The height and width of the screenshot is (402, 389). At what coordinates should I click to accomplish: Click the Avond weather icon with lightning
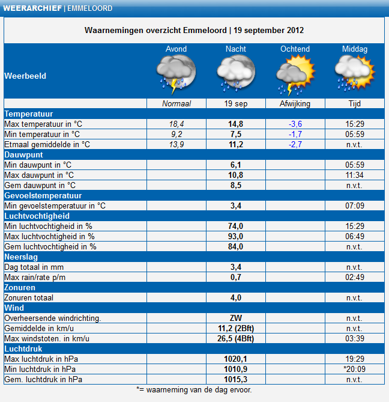pyautogui.click(x=176, y=74)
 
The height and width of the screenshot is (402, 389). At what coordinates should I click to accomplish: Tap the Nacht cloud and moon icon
pyautogui.click(x=236, y=73)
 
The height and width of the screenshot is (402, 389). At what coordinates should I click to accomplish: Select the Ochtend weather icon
pyautogui.click(x=295, y=75)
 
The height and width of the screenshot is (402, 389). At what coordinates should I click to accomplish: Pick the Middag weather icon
pyautogui.click(x=355, y=73)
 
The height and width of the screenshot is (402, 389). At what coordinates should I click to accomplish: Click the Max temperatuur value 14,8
pyautogui.click(x=235, y=124)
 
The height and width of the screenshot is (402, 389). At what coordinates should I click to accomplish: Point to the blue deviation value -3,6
pyautogui.click(x=295, y=124)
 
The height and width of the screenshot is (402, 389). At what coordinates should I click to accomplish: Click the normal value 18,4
pyautogui.click(x=176, y=124)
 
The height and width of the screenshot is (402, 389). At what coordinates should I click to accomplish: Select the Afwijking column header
pyautogui.click(x=295, y=103)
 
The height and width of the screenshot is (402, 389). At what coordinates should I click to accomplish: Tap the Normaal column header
pyautogui.click(x=176, y=103)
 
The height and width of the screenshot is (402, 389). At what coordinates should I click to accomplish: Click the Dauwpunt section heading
pyautogui.click(x=23, y=155)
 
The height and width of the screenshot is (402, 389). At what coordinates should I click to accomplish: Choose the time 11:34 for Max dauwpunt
pyautogui.click(x=355, y=175)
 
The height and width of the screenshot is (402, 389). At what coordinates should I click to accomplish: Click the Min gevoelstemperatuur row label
pyautogui.click(x=55, y=206)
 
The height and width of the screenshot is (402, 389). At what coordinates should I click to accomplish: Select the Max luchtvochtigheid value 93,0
pyautogui.click(x=235, y=236)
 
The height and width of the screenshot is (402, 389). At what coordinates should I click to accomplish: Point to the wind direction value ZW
pyautogui.click(x=235, y=318)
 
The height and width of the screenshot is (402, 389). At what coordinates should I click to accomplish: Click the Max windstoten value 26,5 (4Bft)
pyautogui.click(x=235, y=339)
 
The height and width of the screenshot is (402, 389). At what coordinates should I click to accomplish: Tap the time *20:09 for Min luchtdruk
pyautogui.click(x=355, y=369)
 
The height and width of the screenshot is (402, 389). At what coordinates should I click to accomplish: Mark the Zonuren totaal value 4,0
pyautogui.click(x=235, y=297)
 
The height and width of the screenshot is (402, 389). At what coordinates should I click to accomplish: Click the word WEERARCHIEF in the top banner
pyautogui.click(x=32, y=8)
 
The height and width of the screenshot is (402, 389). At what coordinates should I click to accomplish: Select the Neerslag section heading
pyautogui.click(x=21, y=257)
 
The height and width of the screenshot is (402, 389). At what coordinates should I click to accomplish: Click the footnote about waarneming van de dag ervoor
pyautogui.click(x=194, y=390)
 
